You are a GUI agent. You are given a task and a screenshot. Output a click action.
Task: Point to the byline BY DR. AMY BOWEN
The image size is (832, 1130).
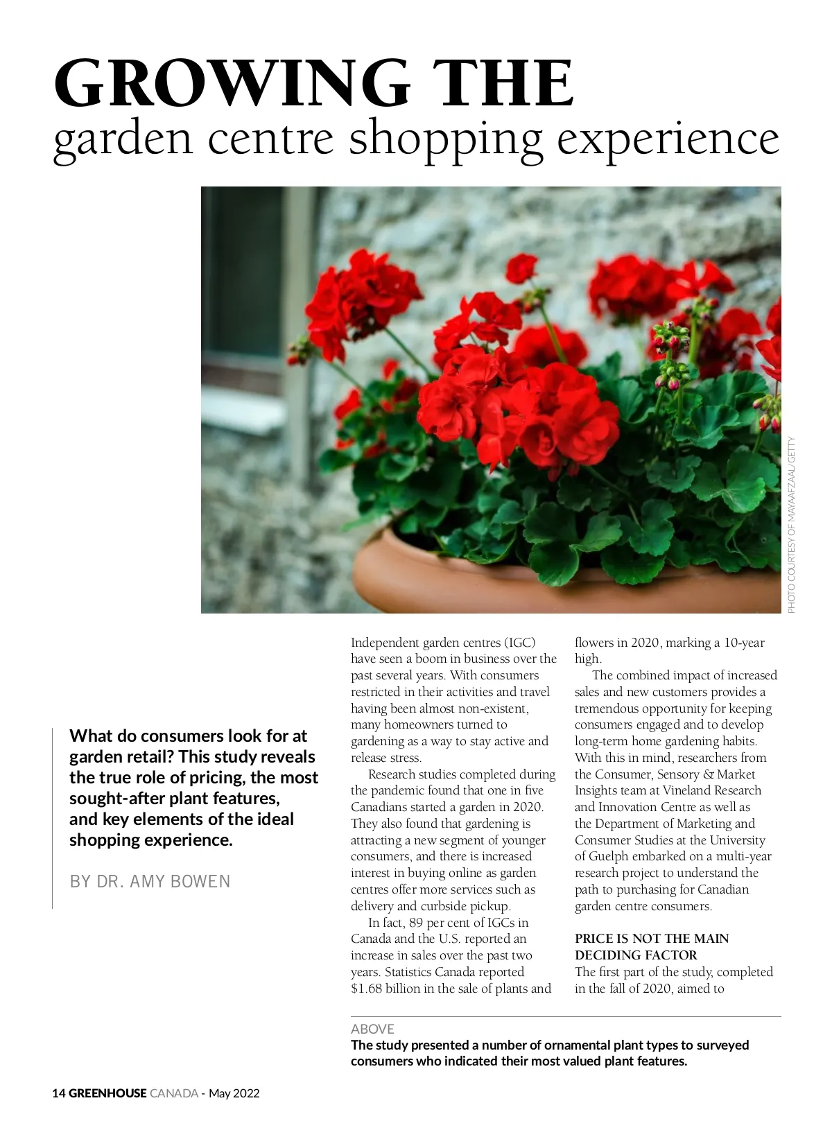point(150,881)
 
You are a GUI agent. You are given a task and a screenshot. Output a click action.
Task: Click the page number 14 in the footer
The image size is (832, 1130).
point(59,1093)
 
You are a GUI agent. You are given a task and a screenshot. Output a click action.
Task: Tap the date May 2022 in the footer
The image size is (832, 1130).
point(234,1093)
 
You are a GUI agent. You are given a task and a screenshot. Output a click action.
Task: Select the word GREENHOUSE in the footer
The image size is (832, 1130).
point(107,1093)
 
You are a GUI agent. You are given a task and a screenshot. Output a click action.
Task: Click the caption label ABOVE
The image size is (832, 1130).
point(372,1029)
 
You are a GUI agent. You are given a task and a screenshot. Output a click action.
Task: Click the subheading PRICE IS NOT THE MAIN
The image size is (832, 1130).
point(651,939)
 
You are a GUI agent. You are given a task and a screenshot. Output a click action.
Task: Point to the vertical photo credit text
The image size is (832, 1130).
point(792,524)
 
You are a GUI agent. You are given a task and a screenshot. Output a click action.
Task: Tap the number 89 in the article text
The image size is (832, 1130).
point(415,923)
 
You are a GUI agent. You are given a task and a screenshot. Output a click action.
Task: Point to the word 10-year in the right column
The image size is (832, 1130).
point(744,643)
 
